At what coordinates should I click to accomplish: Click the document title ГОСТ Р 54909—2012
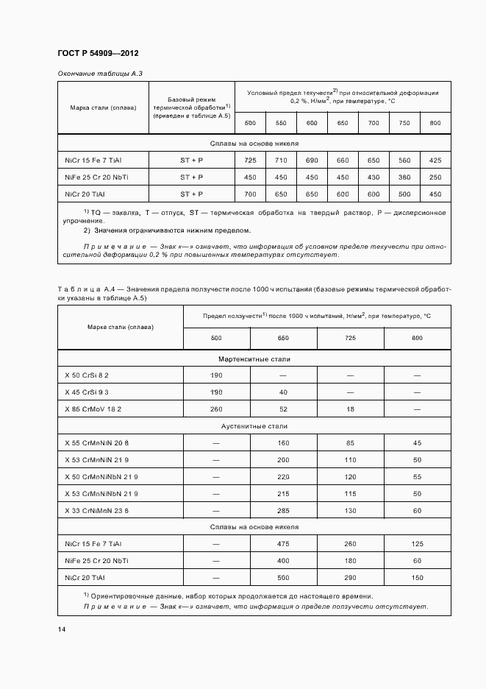pos(98,54)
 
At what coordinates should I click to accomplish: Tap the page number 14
pos(61,629)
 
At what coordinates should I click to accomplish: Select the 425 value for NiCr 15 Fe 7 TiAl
pos(435,160)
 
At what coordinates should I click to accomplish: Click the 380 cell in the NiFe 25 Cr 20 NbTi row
pos(404,177)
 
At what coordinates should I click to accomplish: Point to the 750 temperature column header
pos(404,122)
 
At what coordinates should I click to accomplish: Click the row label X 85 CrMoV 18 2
pos(93,409)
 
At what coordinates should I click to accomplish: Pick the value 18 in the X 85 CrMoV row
pos(350,409)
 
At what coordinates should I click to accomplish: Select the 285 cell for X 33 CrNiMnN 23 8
pos(283,510)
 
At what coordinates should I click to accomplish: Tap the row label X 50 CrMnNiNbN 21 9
pos(101,476)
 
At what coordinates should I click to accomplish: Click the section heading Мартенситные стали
pos(254,358)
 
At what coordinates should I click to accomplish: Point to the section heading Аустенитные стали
pos(254,426)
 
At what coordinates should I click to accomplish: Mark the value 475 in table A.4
pos(283,544)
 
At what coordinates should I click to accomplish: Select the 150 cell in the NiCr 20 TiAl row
pos(417,578)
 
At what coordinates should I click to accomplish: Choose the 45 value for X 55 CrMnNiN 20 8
pos(417,442)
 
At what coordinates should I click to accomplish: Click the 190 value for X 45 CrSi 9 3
pos(216,392)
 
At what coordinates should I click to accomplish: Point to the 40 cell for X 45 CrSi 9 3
pos(283,392)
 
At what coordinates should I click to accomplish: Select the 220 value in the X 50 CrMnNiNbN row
pos(283,476)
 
